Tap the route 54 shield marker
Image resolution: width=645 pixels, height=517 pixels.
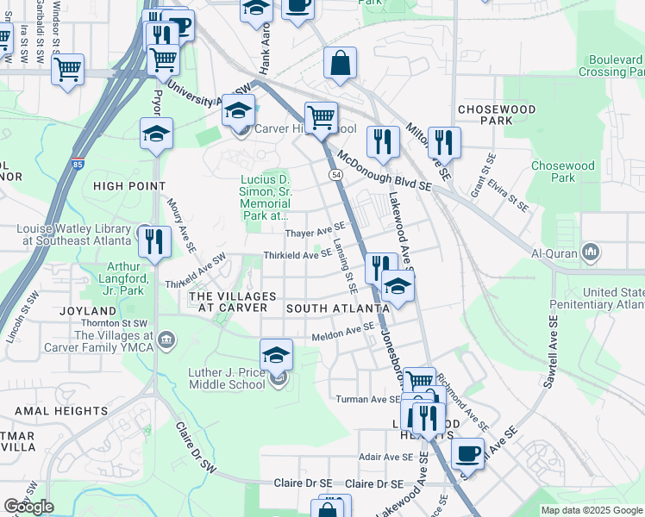click(334, 175)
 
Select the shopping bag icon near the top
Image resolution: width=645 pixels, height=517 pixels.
click(341, 63)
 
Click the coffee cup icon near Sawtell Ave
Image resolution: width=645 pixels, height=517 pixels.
click(467, 452)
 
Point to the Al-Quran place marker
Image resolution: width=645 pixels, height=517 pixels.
click(591, 252)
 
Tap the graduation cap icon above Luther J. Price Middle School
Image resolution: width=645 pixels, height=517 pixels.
click(276, 354)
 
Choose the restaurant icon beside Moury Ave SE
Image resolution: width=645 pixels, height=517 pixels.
click(154, 240)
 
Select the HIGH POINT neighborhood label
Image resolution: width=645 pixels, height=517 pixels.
click(129, 186)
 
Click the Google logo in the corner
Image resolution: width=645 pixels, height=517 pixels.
click(28, 507)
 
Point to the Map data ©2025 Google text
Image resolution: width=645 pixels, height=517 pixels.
click(592, 510)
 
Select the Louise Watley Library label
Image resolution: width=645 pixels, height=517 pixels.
click(73, 235)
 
